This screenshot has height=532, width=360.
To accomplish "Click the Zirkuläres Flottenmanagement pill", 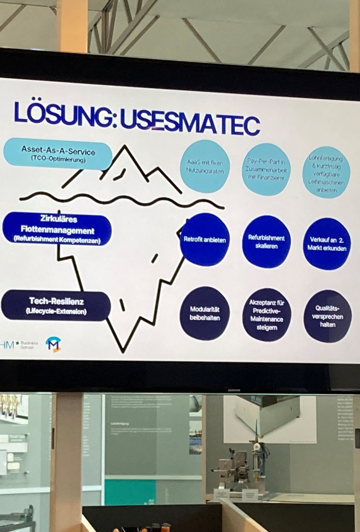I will point(57,229).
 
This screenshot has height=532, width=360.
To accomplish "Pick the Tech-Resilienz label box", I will point(56,305).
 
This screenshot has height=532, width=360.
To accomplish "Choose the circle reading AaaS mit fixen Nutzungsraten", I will point(205,166).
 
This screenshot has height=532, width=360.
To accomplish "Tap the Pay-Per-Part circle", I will point(266,170).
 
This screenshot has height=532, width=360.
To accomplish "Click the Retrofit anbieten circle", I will point(205,239).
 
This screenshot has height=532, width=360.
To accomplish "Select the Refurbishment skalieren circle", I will point(266,241).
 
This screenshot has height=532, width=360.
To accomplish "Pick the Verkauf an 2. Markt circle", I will point(327,244).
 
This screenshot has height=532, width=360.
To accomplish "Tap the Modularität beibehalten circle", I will point(205,313).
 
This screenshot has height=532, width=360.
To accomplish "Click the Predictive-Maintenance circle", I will point(267,315).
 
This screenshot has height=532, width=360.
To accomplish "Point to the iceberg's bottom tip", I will point(123,351).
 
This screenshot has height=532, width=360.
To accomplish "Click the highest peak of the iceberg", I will point(125,147).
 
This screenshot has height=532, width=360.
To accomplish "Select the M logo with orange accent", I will point(53,344).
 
